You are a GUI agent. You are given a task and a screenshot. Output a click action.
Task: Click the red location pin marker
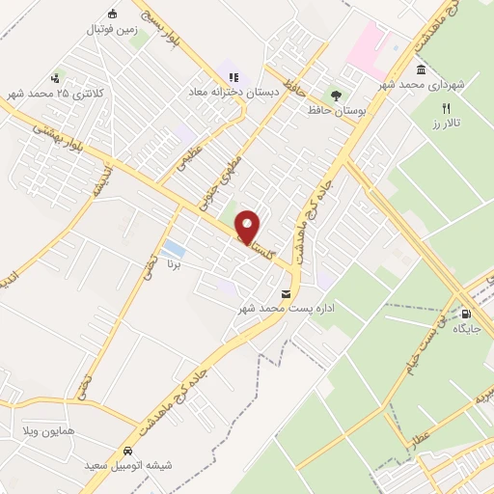(249, 228)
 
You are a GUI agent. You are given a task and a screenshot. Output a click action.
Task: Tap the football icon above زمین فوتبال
(112, 13)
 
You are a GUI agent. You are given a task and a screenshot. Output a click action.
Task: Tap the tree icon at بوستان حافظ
(336, 95)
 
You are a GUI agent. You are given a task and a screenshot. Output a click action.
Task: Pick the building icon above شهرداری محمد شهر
(422, 69)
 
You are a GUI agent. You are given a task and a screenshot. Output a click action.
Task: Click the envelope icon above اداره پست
(285, 293)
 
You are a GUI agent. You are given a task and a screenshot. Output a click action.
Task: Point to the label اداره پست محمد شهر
(287, 309)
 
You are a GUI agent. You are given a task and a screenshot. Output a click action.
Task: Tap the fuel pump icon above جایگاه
(468, 314)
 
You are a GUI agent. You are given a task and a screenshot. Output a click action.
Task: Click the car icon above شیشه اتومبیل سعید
(126, 451)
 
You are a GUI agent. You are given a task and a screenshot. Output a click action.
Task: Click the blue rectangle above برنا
(174, 249)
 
